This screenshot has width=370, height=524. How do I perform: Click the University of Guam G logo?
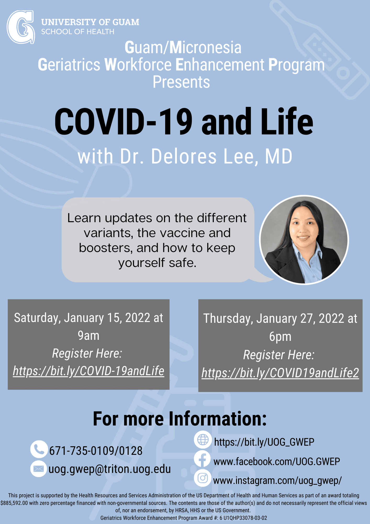click(21, 27)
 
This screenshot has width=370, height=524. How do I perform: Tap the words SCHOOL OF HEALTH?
click(78, 32)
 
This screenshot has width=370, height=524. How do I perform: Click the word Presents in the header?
click(181, 82)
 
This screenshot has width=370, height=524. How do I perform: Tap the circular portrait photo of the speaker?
click(304, 240)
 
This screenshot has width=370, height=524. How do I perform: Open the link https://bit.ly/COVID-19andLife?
click(89, 371)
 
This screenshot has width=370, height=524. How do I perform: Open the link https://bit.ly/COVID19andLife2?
click(280, 373)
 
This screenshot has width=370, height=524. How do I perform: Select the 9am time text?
click(89, 336)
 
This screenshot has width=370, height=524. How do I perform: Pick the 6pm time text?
click(280, 337)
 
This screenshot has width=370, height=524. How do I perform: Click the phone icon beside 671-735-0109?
click(39, 449)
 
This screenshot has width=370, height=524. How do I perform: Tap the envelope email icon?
click(39, 468)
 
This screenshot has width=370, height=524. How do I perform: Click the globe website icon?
click(203, 439)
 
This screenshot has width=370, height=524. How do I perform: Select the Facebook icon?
click(203, 459)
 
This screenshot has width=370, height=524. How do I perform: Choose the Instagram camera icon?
click(203, 478)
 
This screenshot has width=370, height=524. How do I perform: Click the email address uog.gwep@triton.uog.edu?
click(110, 469)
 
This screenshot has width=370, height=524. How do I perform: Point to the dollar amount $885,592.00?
click(14, 503)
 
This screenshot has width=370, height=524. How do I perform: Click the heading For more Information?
click(180, 419)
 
